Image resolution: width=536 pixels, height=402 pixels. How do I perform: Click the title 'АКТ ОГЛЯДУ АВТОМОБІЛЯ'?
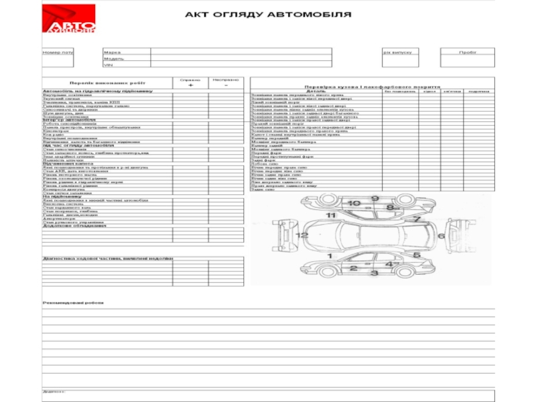pyautogui.click(x=267, y=15)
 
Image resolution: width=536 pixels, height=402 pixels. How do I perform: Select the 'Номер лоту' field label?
pyautogui.click(x=58, y=52)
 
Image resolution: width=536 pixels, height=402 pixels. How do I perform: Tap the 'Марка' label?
pyautogui.click(x=112, y=52)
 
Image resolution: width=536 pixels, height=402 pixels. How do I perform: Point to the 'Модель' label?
pyautogui.click(x=113, y=58)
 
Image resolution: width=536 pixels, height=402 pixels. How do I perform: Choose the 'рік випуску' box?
pyautogui.click(x=397, y=52)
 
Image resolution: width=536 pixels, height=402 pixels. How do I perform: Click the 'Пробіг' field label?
pyautogui.click(x=468, y=52)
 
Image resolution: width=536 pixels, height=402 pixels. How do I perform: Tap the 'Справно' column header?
pyautogui.click(x=190, y=80)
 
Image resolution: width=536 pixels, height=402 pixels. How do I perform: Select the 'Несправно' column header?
pyautogui.click(x=225, y=80)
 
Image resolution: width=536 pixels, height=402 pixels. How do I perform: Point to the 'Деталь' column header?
pyautogui.click(x=316, y=90)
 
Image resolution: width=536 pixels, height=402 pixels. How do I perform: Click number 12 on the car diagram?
pyautogui.click(x=304, y=235)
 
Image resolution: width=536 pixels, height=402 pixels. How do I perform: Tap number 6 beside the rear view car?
pyautogui.click(x=441, y=236)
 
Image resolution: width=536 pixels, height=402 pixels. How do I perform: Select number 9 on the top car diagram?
pyautogui.click(x=375, y=198)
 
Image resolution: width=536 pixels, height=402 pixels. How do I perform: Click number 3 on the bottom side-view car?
pyautogui.click(x=375, y=273)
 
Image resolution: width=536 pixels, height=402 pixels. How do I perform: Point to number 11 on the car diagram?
pyautogui.click(x=331, y=215)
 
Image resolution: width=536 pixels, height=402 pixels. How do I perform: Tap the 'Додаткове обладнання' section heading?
pyautogui.click(x=74, y=226)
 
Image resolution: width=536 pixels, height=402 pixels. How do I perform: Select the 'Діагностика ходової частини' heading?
pyautogui.click(x=107, y=258)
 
